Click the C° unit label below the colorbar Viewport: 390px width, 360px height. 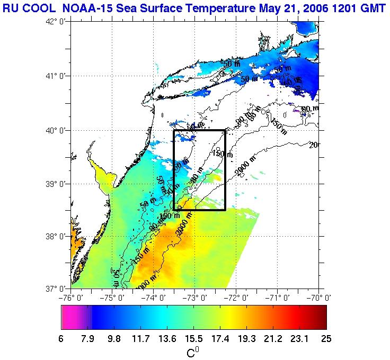[193, 352]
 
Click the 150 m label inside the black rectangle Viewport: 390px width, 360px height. [222, 154]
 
